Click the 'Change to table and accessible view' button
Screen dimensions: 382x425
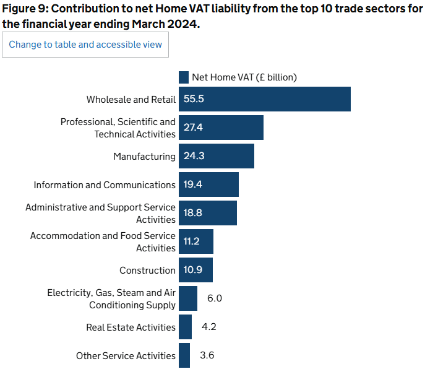85,45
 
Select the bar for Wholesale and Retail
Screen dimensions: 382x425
265,99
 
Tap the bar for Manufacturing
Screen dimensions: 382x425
217,156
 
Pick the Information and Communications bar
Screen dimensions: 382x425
208,184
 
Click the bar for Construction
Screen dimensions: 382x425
195,270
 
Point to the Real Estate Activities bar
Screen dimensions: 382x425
185,327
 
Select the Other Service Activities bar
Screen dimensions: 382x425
184,355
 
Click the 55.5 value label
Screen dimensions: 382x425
194,99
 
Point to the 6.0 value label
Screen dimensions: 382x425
215,298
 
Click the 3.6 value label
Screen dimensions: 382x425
207,355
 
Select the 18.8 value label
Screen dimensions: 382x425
193,213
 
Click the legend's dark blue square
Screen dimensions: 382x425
184,77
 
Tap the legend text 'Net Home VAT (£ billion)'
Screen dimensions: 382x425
244,77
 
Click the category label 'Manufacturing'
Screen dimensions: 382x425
144,157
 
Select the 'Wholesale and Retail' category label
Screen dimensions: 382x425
131,100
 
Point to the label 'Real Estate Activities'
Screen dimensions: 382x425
131,328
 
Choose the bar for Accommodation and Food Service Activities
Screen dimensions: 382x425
196,241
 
